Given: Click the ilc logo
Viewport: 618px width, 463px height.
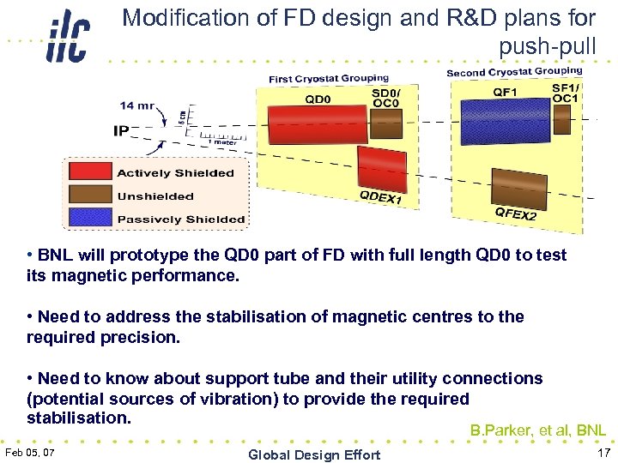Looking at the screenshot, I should [x=68, y=36].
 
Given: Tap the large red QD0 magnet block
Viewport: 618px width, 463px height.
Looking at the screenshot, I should [x=318, y=125].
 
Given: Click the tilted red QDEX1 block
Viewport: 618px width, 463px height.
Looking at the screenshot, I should [x=382, y=169].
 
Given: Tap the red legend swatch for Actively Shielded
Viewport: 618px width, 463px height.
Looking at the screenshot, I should [x=90, y=173].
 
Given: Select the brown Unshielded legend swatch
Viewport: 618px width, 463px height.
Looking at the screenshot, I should [x=90, y=196].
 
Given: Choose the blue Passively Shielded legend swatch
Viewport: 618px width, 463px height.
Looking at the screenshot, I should [x=90, y=219].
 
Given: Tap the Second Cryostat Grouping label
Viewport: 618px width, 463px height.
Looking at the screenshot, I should [x=513, y=73].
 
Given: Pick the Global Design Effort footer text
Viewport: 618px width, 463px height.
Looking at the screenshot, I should [x=313, y=454].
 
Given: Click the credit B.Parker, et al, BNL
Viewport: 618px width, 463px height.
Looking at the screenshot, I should [x=537, y=430].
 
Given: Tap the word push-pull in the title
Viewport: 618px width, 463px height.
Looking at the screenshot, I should [x=547, y=43].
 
